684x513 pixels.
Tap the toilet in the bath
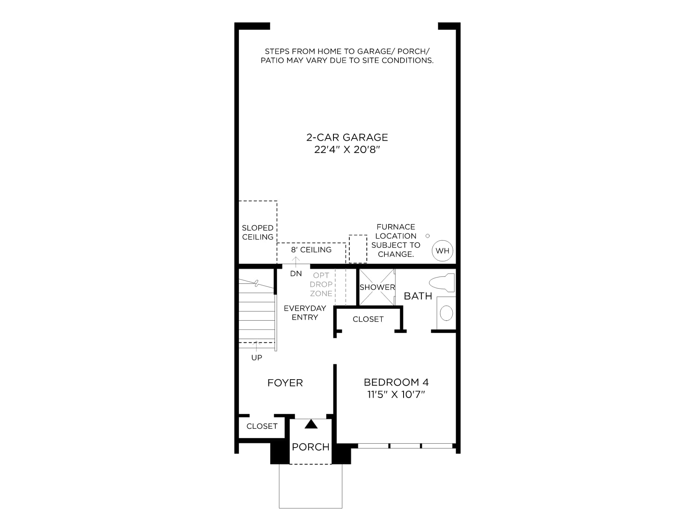[x=442, y=283]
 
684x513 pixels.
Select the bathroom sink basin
[x=446, y=313]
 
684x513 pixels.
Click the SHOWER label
[x=377, y=287]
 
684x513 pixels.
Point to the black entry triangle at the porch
[x=311, y=424]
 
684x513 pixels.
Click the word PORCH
[x=311, y=447]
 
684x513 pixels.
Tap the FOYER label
[x=285, y=383]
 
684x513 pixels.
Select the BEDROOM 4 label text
[x=396, y=382]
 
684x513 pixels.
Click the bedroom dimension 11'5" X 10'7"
[x=396, y=395]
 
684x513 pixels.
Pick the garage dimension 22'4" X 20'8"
[x=347, y=150]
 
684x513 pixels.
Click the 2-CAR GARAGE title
[x=347, y=137]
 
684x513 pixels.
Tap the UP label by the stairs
[x=256, y=357]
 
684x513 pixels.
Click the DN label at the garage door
[x=296, y=274]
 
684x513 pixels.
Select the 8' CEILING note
[x=311, y=250]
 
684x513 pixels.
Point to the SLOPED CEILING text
[x=258, y=233]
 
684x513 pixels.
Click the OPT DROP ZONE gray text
[x=321, y=284]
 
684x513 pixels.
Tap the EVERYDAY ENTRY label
[x=305, y=313]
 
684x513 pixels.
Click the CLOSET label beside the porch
[x=262, y=426]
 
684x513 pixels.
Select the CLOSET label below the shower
[x=368, y=319]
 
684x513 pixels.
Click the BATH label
[x=418, y=296]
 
